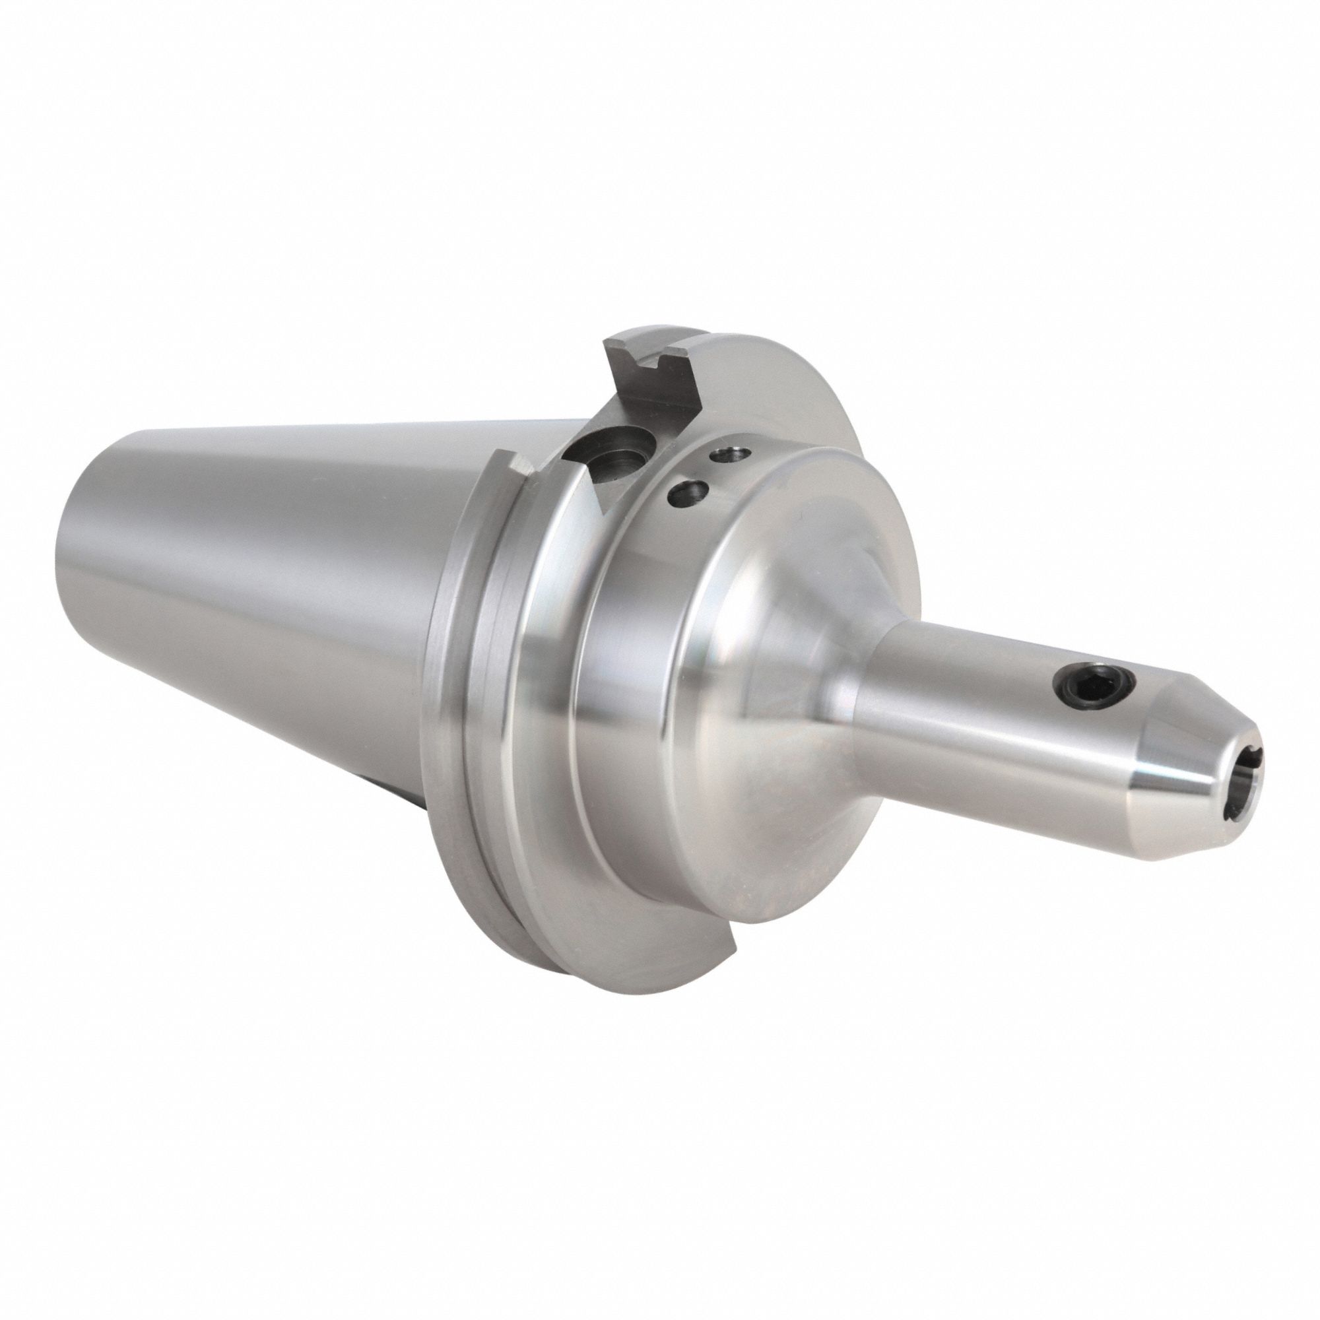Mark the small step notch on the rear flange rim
[513, 465]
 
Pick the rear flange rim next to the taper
[451, 683]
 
